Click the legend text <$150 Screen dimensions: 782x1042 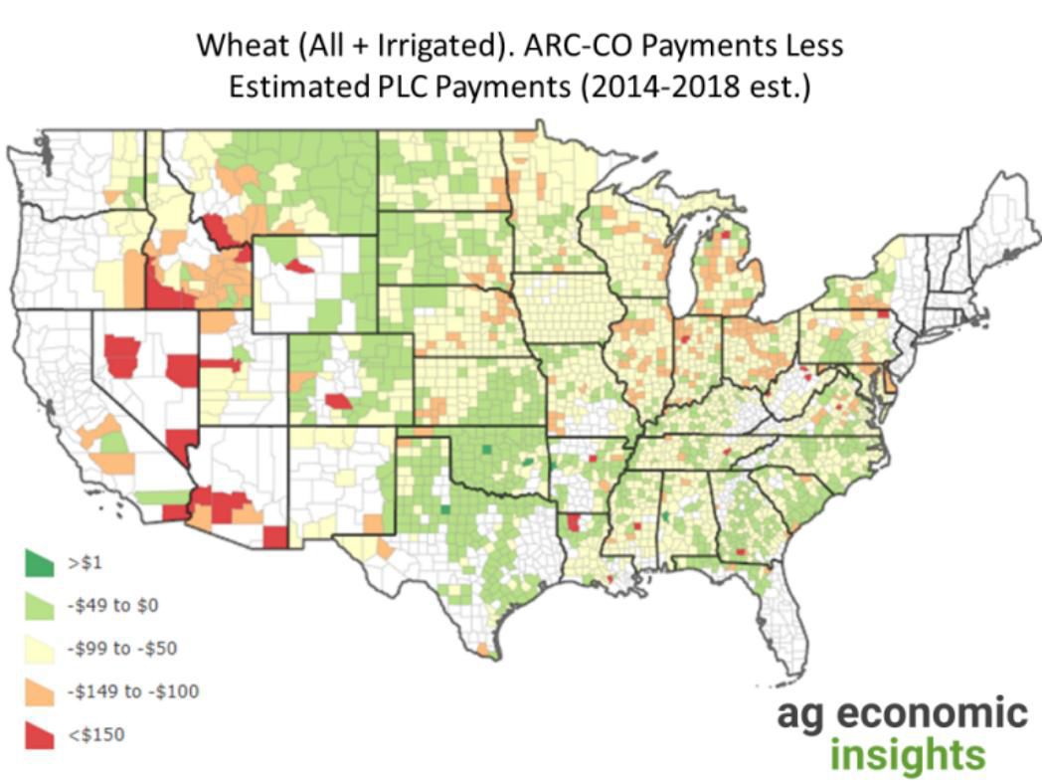point(96,734)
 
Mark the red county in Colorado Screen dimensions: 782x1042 point(339,402)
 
